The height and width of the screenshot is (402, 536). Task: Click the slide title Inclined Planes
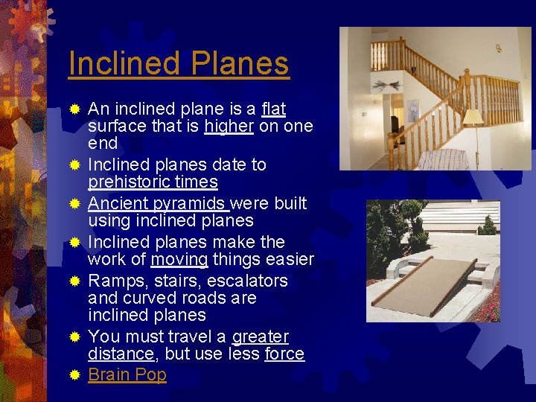point(178,63)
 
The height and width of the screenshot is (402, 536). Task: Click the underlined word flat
point(274,109)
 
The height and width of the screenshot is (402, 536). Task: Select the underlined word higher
point(229,127)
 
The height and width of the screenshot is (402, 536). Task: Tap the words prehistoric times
point(153,182)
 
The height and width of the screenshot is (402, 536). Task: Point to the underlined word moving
point(179,260)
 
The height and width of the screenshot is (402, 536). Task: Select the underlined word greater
point(261,336)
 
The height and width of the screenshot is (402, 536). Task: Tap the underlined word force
point(284,354)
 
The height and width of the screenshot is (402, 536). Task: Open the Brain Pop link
point(127,374)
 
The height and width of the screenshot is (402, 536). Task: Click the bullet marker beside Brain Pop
point(74,375)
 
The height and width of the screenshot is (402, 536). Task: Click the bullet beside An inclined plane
point(74,110)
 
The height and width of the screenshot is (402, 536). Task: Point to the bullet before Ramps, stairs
point(74,281)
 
